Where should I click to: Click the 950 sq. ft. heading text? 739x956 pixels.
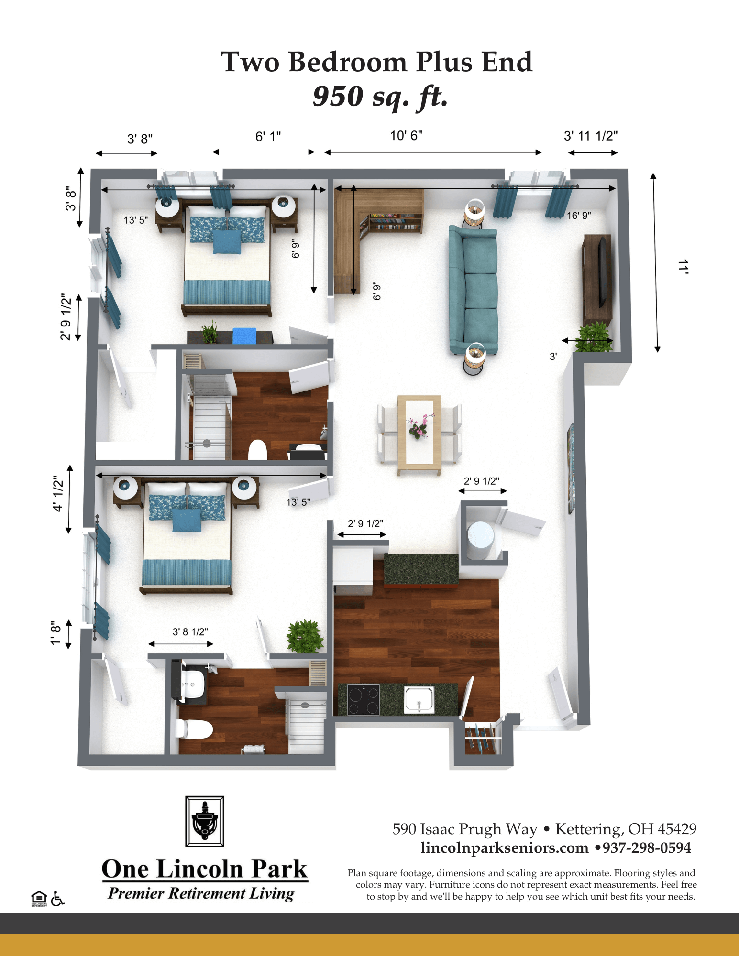click(380, 97)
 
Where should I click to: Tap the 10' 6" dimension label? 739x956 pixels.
click(406, 136)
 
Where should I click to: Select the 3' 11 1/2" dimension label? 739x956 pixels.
click(591, 136)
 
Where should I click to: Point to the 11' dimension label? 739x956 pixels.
click(683, 267)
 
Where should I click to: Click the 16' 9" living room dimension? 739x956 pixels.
click(579, 216)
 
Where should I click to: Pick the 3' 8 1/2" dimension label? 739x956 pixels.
click(190, 632)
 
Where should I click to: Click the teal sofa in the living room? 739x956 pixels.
click(473, 290)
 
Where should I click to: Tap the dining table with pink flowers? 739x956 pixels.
click(419, 435)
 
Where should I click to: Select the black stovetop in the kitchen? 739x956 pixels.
click(363, 699)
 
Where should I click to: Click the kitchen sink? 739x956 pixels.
click(419, 700)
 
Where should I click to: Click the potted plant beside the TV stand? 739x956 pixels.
click(594, 337)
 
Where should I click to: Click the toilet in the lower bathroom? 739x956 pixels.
click(194, 729)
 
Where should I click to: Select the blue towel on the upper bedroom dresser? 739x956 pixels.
click(244, 336)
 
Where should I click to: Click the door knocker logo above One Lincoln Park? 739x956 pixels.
click(205, 821)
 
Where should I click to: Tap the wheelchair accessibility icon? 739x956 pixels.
click(57, 899)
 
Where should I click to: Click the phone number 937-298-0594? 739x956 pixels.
click(647, 848)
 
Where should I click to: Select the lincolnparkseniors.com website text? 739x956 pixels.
click(505, 848)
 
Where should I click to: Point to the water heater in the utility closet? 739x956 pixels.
click(480, 540)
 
